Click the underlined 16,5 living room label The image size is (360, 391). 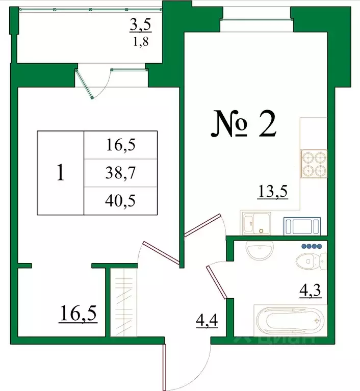(x=78, y=311)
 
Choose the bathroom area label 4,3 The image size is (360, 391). (x=310, y=293)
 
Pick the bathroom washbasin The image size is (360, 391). (x=260, y=250)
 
